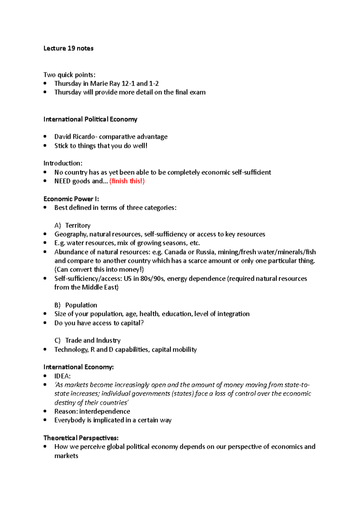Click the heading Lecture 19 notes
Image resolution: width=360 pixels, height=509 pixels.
[68, 48]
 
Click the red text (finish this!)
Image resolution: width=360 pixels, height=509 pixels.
[127, 181]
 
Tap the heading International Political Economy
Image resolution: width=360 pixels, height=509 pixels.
[90, 119]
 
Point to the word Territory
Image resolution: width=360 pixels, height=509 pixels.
[78, 225]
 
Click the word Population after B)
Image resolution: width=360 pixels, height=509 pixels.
[81, 305]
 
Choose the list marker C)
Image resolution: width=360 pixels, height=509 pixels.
[58, 341]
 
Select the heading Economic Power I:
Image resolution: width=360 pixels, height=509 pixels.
[71, 199]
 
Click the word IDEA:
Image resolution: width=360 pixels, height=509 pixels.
[62, 376]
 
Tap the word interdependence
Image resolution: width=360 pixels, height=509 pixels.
[105, 411]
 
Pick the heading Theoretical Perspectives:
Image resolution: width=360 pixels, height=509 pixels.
[81, 438]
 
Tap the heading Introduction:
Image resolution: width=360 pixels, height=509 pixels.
[63, 163]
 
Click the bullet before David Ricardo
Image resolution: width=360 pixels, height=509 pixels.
[45, 137]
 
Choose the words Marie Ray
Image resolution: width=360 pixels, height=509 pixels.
[105, 84]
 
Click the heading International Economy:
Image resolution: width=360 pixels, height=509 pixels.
[79, 367]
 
